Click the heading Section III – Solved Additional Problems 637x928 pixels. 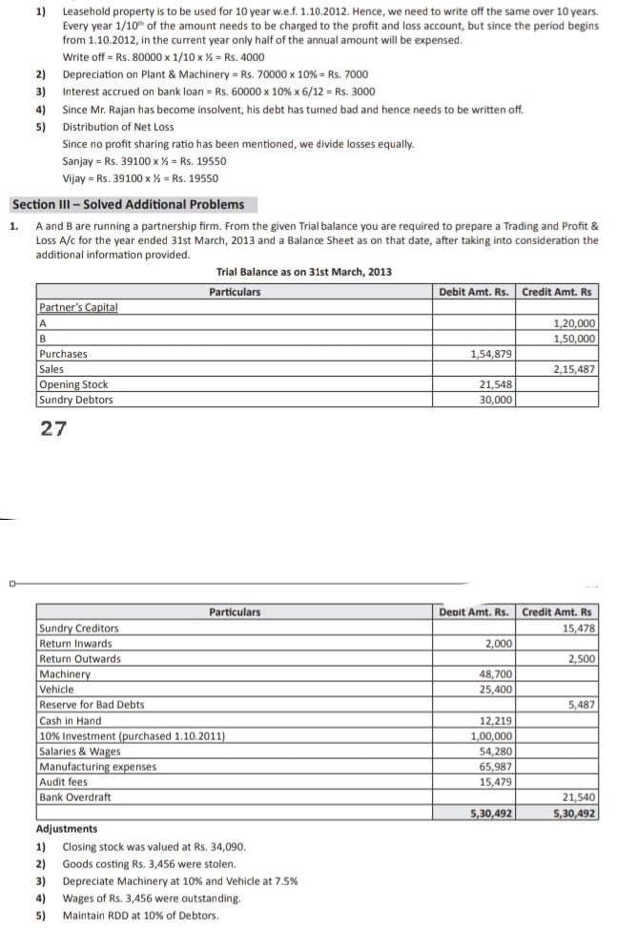pos(128,204)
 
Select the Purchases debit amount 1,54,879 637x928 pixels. pos(492,354)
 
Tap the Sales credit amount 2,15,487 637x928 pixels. pos(575,369)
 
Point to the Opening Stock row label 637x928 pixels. pos(73,384)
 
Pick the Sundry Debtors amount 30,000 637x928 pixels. pos(496,400)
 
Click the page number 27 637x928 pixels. pos(53,428)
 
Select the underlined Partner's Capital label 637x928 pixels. pos(78,307)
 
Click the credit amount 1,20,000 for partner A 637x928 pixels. pos(575,323)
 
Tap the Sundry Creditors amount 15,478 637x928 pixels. pos(578,628)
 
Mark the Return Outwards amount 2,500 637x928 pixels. pos(582,659)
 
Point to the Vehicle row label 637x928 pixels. pos(57,690)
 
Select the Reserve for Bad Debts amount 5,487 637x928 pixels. pos(582,705)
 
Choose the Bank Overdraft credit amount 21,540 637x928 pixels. pos(578,796)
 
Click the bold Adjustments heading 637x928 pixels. pos(67,829)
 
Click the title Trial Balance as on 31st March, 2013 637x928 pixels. pos(303,272)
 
